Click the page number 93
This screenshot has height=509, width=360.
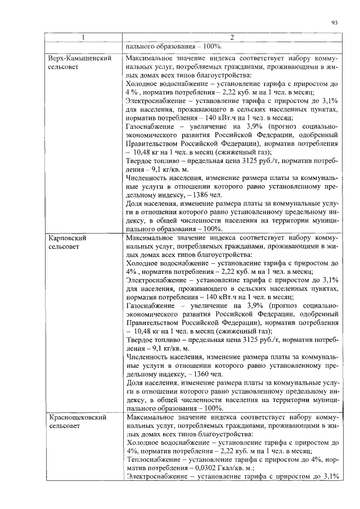click(334, 22)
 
